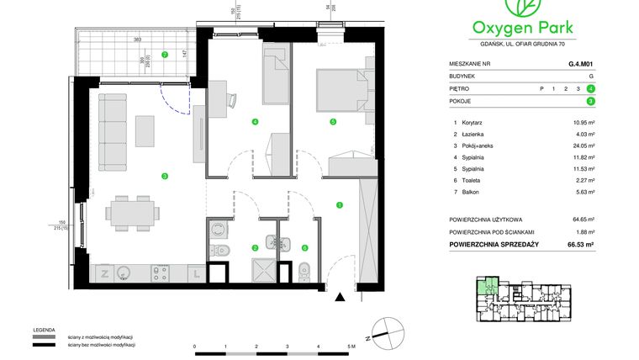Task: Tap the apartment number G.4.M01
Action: (x=581, y=63)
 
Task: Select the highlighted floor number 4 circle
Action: (x=592, y=88)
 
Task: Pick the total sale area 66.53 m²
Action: (x=580, y=245)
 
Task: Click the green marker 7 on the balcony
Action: (x=165, y=56)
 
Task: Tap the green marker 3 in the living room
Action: (x=165, y=176)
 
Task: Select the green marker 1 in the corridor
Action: (x=339, y=204)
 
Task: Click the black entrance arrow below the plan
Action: (x=339, y=297)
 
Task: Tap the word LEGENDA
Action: (x=44, y=331)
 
